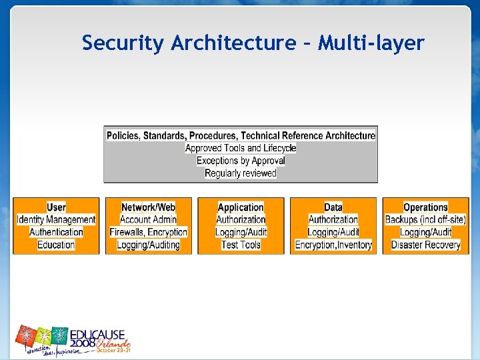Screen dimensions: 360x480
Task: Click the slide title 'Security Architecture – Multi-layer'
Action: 253,43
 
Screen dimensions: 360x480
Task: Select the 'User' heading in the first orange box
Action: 56,207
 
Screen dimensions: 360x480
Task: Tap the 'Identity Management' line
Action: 56,219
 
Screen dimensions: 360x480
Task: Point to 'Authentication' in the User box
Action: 56,232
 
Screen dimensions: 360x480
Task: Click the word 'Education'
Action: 56,245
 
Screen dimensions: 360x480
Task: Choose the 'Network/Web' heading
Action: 148,207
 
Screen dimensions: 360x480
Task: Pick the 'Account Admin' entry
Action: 148,219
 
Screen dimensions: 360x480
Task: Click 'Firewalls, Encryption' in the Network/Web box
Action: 148,232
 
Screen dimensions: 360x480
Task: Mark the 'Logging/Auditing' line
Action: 148,245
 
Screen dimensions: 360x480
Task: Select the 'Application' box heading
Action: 241,207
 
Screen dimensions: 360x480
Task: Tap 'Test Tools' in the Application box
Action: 241,245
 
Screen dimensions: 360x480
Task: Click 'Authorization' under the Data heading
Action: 333,219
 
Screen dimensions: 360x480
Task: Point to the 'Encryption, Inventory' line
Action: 333,245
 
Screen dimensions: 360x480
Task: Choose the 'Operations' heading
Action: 425,207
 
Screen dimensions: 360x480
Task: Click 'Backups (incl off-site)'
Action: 425,219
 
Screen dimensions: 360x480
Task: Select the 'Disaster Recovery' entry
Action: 425,245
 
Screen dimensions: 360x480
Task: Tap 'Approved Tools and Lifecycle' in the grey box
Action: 241,148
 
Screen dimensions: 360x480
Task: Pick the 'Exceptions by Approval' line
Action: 241,161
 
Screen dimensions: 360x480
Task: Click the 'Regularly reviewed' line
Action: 241,173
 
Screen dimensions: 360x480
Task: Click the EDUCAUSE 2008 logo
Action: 73,340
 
